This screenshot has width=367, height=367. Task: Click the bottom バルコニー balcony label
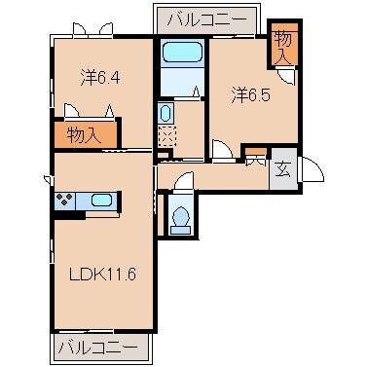coord(102,347)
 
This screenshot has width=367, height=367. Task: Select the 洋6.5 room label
coord(249,95)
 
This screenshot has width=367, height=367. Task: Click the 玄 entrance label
coord(283,168)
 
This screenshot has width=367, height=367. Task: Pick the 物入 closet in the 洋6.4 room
coord(85,134)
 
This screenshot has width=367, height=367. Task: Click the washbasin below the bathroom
coord(164,115)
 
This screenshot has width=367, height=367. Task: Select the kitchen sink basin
coord(100,202)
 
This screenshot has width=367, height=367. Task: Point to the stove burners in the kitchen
coord(66,202)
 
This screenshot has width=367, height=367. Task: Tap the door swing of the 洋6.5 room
coord(222,148)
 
